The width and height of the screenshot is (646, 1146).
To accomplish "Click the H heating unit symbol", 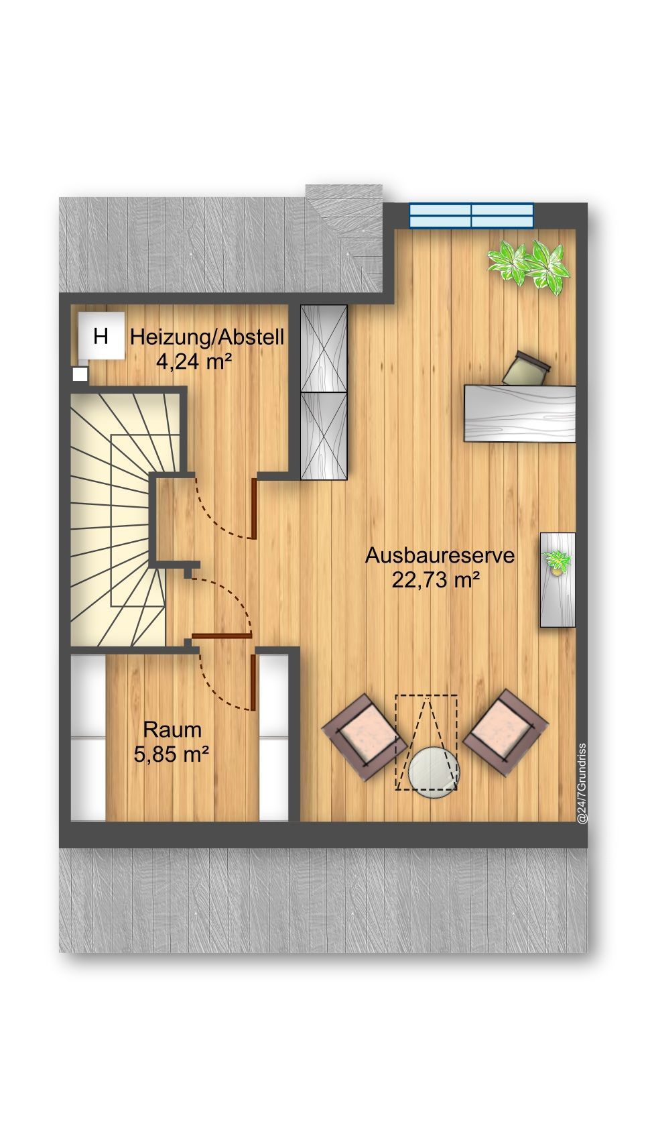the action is click(x=101, y=335).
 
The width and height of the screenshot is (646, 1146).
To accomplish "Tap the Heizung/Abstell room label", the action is click(x=207, y=338).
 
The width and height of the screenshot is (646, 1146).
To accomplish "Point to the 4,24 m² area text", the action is click(x=194, y=361).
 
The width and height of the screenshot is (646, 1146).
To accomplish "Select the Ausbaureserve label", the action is click(x=440, y=556).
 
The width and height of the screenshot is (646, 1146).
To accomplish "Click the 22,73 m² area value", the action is click(x=436, y=580).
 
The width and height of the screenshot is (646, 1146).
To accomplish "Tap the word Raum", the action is click(x=172, y=730).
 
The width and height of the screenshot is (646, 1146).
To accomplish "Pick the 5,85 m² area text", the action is click(x=172, y=754).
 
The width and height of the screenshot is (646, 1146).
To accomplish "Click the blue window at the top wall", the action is click(x=471, y=215).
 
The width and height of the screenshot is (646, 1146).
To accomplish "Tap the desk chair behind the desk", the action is click(x=526, y=368).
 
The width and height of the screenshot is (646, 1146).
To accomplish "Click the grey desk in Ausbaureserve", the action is click(x=520, y=413).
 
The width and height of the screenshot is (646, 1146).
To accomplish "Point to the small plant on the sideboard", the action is click(x=557, y=562).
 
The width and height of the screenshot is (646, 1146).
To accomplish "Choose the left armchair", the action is click(x=364, y=737).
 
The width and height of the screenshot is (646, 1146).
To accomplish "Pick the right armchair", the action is click(x=505, y=733).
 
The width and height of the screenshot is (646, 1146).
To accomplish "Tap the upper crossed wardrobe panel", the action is click(x=324, y=349).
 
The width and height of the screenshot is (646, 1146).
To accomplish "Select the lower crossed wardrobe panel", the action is click(x=324, y=437).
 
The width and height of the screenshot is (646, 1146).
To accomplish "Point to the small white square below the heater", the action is click(x=80, y=374).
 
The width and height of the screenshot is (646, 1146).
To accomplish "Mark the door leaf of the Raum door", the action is click(x=253, y=682).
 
